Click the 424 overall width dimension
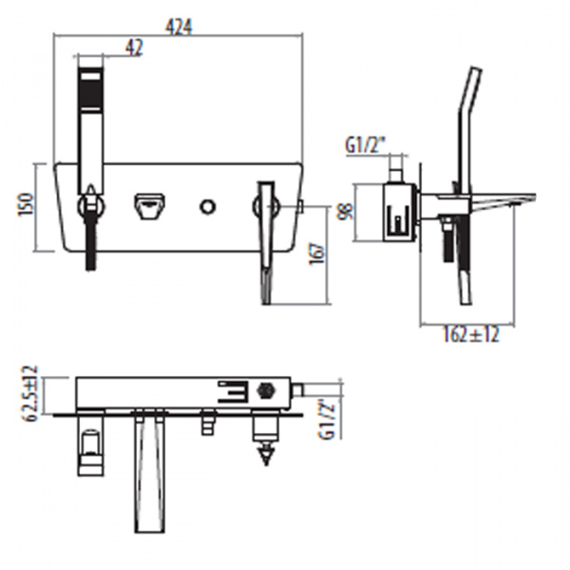coord(179,27)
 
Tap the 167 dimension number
coord(317,254)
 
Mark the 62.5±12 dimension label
coord(29,390)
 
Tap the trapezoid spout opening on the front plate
coord(150,204)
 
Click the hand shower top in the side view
coord(471,81)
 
